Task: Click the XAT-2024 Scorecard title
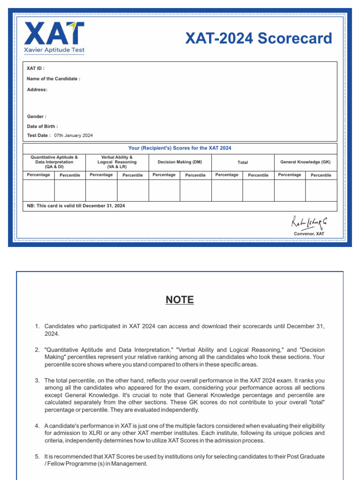258,38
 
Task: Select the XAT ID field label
36,68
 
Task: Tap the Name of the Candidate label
53,79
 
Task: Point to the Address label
37,90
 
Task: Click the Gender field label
37,116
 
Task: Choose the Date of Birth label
43,126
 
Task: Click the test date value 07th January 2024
73,135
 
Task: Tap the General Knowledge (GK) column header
305,162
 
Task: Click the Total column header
242,162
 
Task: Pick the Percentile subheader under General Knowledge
321,175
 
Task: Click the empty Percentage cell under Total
227,190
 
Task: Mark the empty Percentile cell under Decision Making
195,190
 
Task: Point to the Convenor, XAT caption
309,233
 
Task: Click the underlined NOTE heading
180,300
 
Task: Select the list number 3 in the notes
37,380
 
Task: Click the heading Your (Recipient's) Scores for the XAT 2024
180,148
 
